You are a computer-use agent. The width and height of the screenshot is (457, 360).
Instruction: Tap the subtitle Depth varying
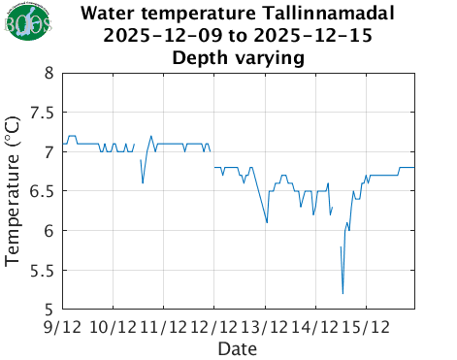pyautogui.click(x=238, y=57)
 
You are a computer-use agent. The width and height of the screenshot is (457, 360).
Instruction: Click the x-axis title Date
pyautogui.click(x=238, y=347)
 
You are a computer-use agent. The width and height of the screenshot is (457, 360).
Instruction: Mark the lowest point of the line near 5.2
pyautogui.click(x=343, y=293)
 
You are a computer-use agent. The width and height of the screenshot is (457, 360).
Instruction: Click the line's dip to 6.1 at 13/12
pyautogui.click(x=267, y=222)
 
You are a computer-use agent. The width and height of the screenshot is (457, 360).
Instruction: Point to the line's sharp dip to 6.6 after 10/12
pyautogui.click(x=143, y=182)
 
